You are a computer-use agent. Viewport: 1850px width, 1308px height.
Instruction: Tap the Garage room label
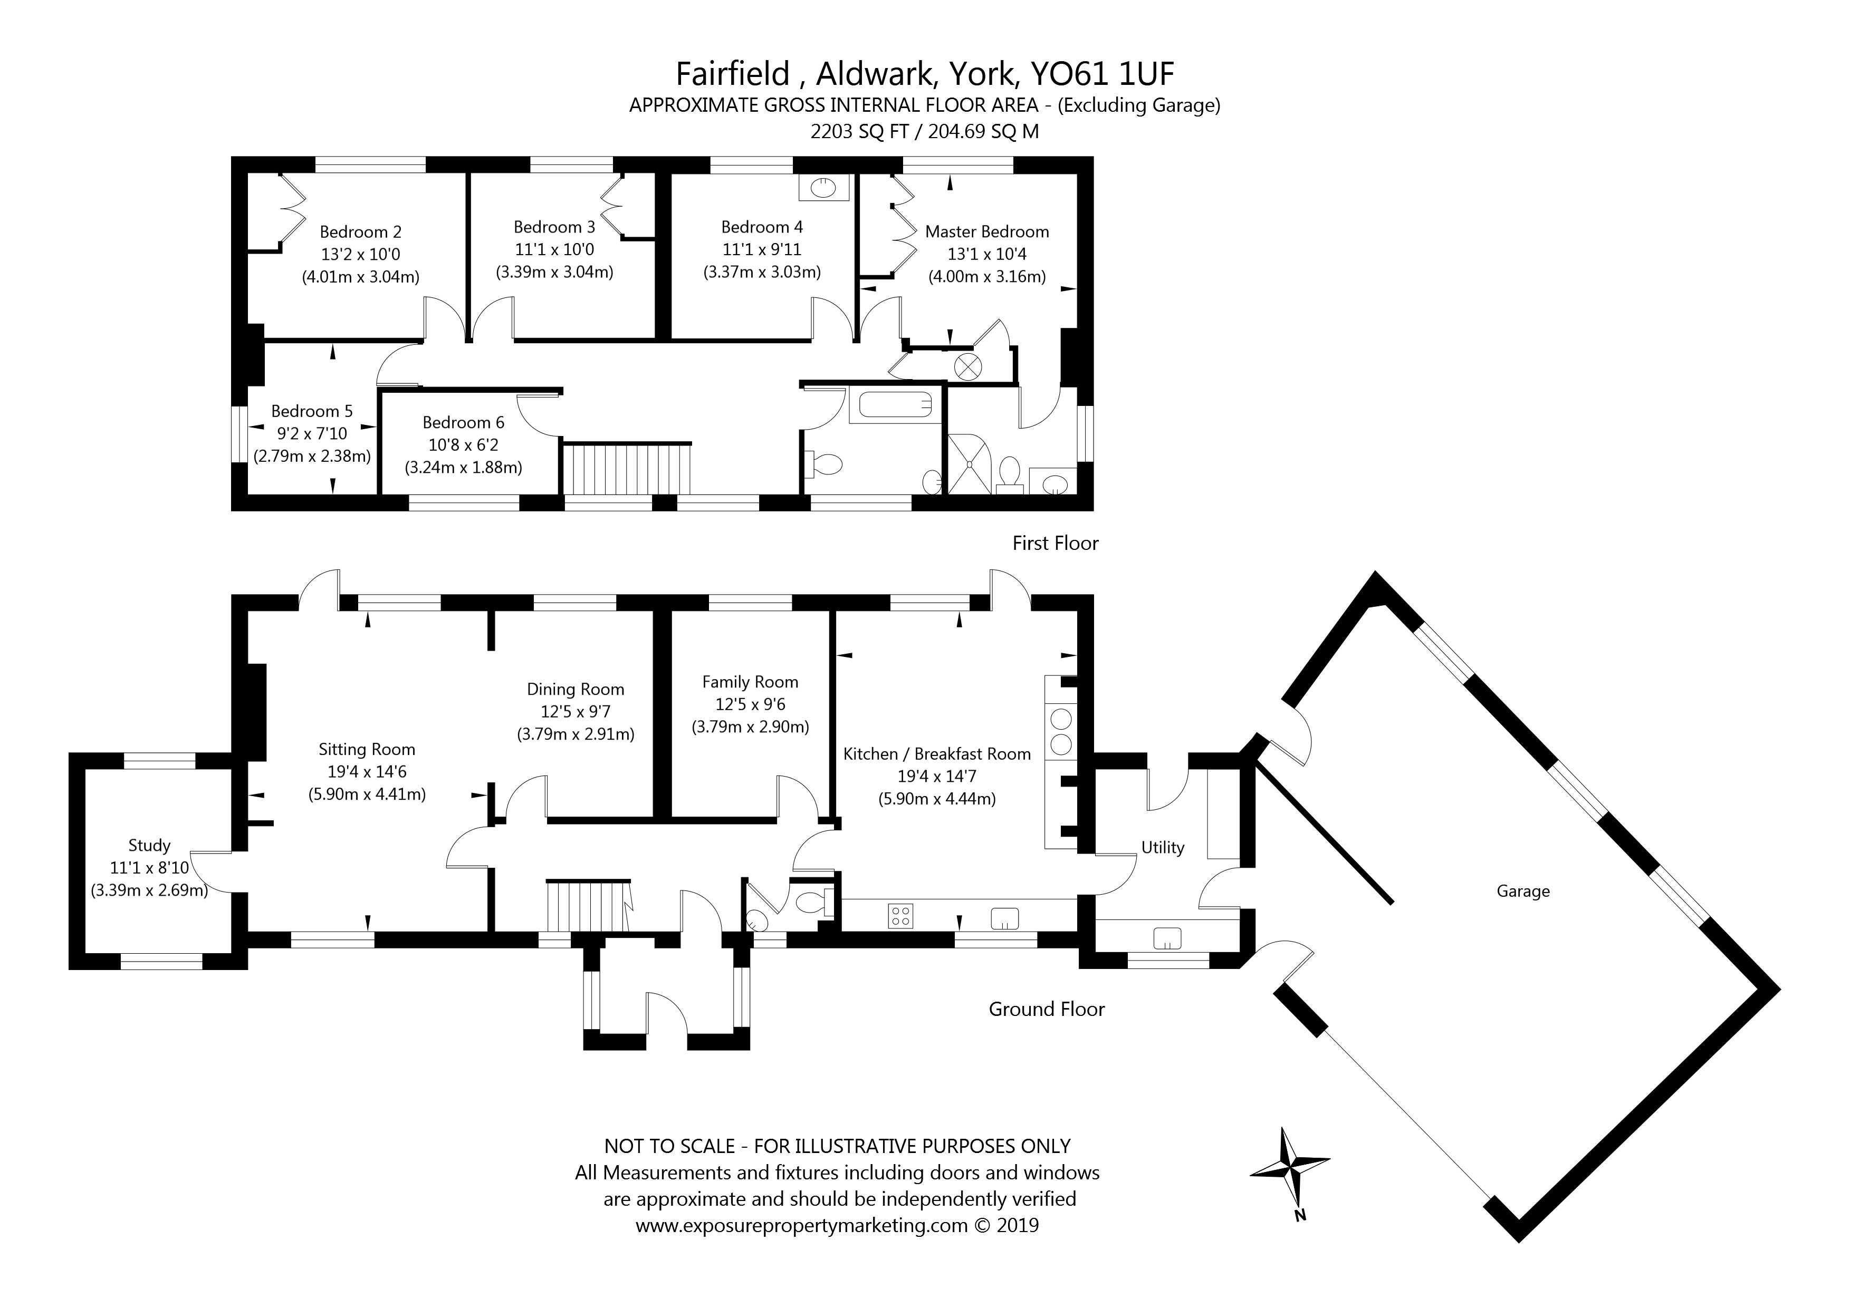click(1523, 892)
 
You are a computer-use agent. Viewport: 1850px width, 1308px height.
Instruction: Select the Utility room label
click(1163, 847)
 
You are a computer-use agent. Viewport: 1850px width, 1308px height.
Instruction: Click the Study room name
click(150, 846)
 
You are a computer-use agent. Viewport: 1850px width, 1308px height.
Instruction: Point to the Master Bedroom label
click(987, 232)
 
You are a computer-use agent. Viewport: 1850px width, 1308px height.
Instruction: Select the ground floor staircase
click(588, 906)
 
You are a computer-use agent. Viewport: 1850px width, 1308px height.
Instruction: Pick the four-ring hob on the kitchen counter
click(901, 916)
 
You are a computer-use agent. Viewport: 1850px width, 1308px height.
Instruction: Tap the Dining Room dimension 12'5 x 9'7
click(576, 712)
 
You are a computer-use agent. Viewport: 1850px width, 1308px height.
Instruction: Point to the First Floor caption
click(1056, 544)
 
